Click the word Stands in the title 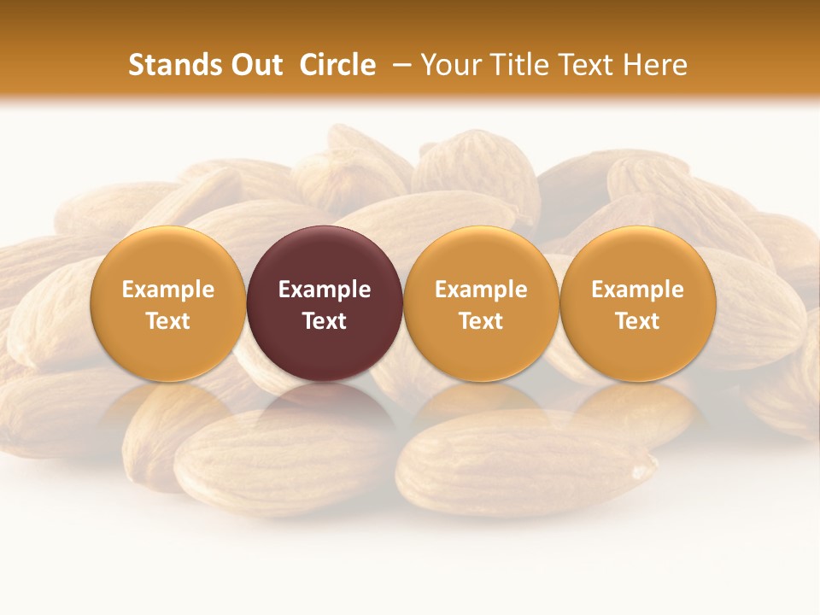[170, 65]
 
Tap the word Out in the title [254, 65]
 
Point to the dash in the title [398, 65]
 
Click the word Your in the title [449, 65]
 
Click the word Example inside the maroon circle [325, 290]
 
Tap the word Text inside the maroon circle [325, 321]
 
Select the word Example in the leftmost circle [167, 290]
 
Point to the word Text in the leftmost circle [167, 321]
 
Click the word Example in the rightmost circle [637, 290]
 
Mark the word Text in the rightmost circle [637, 321]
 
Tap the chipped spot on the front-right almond [638, 469]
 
